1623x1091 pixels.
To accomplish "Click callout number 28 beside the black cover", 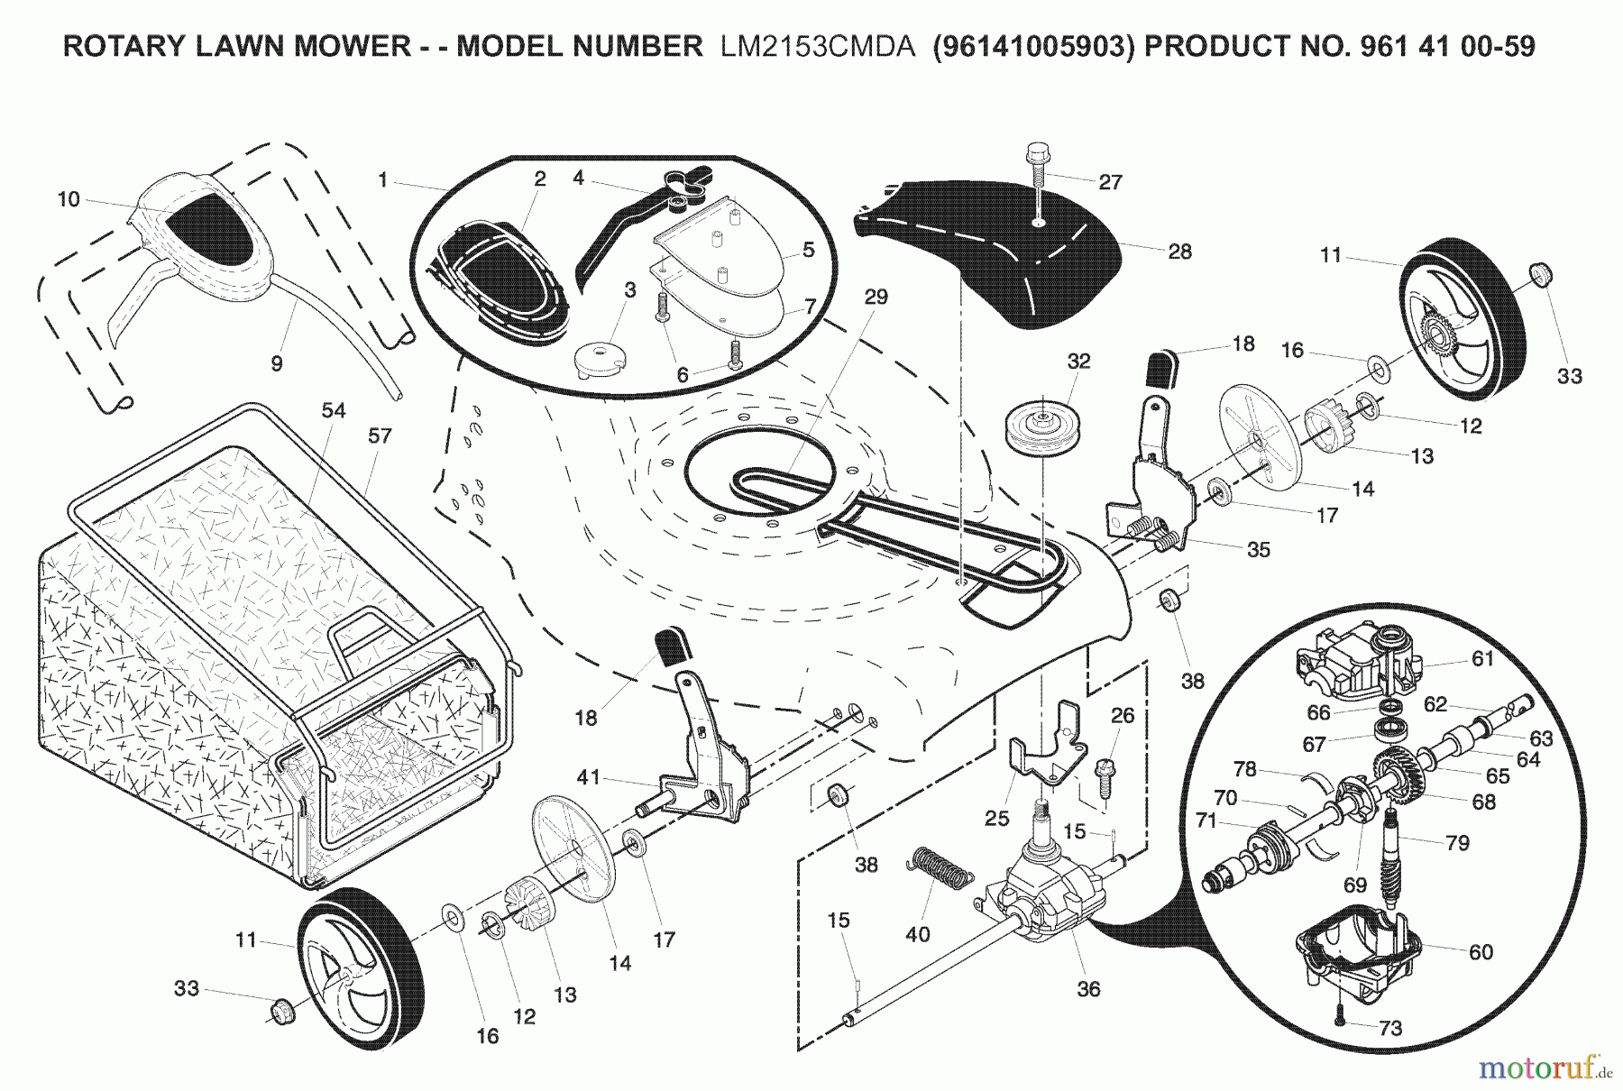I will [1179, 252].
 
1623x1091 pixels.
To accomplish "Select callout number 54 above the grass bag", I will [333, 411].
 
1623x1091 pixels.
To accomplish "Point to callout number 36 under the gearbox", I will [1088, 989].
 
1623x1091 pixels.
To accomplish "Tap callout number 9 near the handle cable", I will [277, 363].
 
